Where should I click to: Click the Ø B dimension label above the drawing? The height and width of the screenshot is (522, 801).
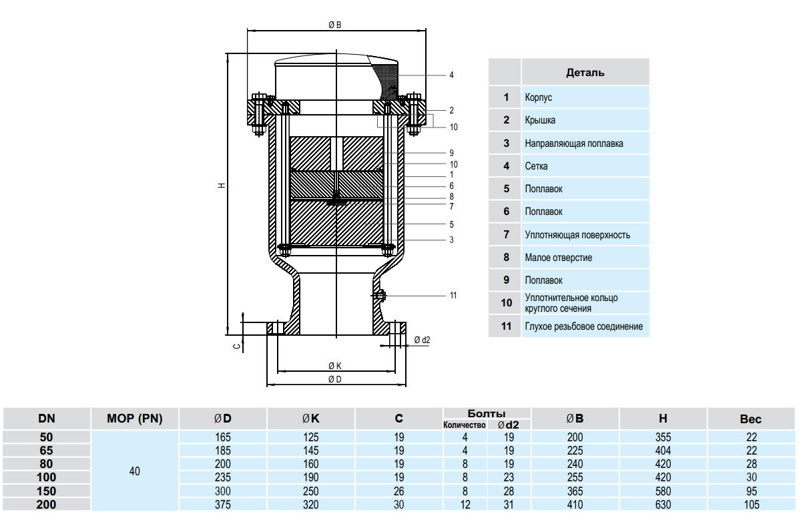335,25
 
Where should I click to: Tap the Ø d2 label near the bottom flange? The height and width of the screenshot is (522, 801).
422,340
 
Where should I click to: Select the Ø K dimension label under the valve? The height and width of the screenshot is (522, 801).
335,366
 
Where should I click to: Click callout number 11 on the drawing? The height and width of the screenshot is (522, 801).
453,295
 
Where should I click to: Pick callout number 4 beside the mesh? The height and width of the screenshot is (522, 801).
451,75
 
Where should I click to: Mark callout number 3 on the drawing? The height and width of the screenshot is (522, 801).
451,240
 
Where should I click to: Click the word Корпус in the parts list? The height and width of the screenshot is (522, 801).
538,97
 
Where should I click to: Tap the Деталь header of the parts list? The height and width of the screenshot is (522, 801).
585,72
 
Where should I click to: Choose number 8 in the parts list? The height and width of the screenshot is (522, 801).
506,258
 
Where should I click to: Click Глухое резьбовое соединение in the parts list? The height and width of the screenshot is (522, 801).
583,326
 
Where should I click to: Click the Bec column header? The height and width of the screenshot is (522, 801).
750,419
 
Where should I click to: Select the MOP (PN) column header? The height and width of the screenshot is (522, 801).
135,419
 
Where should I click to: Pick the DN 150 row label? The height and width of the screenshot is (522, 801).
47,491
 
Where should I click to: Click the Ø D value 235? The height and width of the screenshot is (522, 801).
223,477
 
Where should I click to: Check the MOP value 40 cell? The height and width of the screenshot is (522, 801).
135,471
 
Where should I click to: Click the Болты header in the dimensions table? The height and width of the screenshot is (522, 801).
486,413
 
